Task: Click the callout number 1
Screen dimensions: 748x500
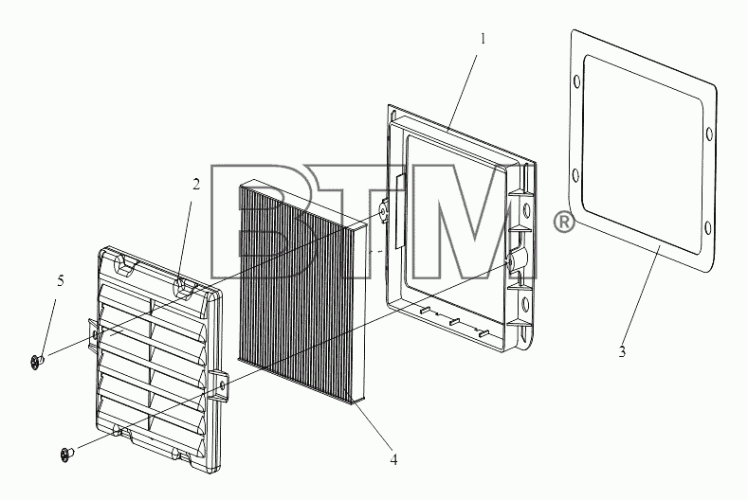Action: click(x=483, y=39)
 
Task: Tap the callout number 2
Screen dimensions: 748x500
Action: click(x=196, y=185)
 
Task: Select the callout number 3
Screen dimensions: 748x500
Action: click(x=622, y=351)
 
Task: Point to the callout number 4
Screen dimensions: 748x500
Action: click(x=393, y=460)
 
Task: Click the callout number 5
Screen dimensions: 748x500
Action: click(x=60, y=281)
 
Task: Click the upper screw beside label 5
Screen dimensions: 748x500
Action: click(x=37, y=362)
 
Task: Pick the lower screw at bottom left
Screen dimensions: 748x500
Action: click(x=67, y=454)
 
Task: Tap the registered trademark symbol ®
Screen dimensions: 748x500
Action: click(x=563, y=223)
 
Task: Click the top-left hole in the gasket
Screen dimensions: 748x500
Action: click(x=576, y=82)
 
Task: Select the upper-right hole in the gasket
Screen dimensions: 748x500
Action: click(x=709, y=134)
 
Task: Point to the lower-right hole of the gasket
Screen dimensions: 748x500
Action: click(x=708, y=228)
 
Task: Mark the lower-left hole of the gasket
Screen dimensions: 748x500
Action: click(x=575, y=175)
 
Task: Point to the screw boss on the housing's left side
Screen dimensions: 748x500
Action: click(x=383, y=210)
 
